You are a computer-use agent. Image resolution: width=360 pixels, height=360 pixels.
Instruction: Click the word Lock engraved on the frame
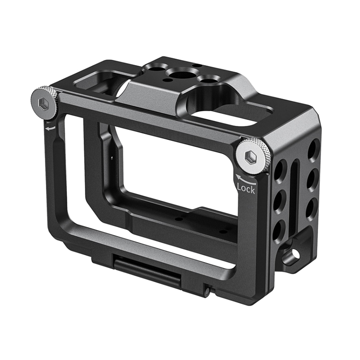(246, 188)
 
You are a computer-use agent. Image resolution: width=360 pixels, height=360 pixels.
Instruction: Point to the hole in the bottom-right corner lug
(294, 253)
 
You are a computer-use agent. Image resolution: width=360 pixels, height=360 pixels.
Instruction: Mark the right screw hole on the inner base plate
(223, 232)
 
